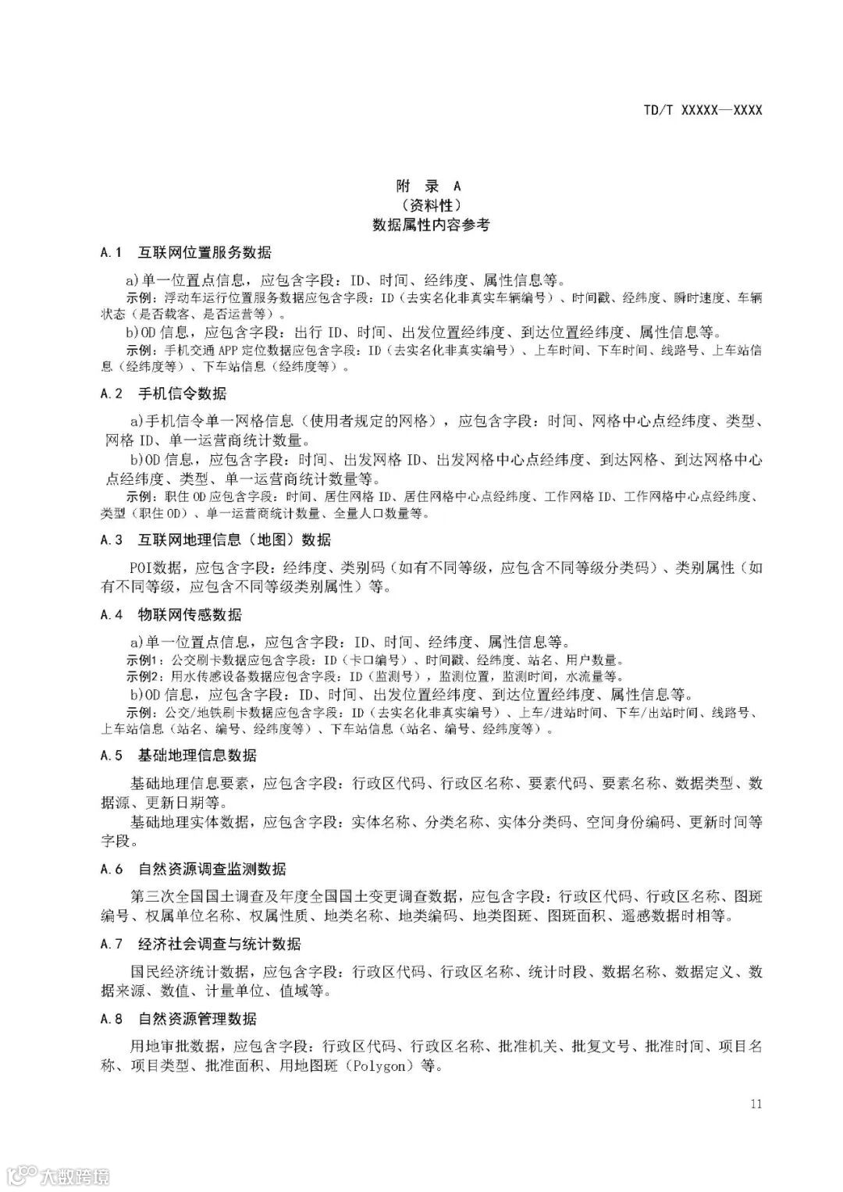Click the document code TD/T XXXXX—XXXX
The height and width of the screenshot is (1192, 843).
[702, 110]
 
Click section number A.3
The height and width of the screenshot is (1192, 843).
[112, 540]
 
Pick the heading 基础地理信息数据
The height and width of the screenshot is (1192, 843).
[197, 756]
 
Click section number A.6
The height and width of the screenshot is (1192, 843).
[112, 870]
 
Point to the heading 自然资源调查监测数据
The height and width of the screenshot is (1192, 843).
[212, 870]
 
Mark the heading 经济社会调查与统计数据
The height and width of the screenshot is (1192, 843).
[219, 944]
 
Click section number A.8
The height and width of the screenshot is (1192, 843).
[112, 1019]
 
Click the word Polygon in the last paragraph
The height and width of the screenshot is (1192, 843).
[382, 1066]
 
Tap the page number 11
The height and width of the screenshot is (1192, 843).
[755, 1104]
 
